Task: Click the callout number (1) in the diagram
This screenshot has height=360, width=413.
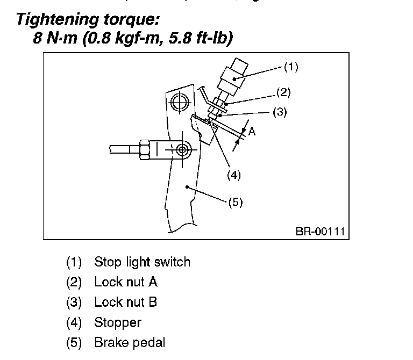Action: point(290,68)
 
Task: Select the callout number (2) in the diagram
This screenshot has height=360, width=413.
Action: point(283,92)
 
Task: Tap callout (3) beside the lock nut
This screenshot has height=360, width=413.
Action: point(279,112)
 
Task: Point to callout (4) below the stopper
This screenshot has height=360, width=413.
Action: point(233,175)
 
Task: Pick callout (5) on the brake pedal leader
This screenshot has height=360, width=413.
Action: point(236,202)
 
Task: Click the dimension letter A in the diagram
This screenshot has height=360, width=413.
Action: point(251,132)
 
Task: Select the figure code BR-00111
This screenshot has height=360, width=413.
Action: point(319,232)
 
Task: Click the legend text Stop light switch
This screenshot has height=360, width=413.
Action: point(142,262)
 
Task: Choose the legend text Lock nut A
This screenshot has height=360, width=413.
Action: point(125,282)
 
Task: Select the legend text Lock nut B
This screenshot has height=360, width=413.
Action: point(125,302)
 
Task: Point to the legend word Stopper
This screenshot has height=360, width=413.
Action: point(117,322)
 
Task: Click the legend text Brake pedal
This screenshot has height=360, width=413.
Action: point(130,342)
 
